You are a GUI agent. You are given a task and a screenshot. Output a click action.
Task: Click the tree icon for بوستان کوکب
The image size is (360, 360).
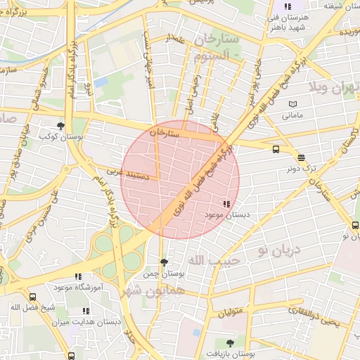click(x=60, y=126)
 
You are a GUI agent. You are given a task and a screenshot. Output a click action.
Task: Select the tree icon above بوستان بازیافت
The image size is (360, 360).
click(x=230, y=343)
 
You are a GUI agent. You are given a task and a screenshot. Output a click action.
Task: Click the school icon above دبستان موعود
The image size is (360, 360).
click(x=225, y=204)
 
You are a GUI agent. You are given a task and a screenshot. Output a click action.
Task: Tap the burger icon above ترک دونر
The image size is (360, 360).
click(x=301, y=158)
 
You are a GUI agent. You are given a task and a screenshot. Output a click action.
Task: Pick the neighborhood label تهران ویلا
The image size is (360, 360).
click(x=333, y=88)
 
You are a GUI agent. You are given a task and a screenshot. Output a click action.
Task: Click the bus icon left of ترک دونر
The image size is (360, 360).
click(x=275, y=149)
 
